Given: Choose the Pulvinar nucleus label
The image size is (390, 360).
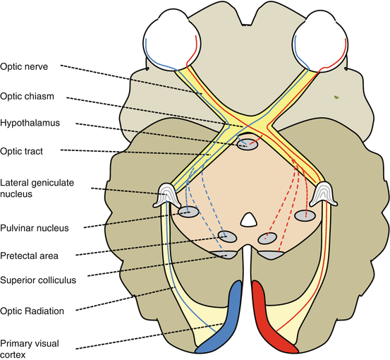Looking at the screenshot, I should (35, 228).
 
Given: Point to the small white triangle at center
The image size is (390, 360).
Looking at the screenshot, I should (246, 220).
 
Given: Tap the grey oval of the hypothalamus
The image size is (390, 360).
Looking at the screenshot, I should (248, 145).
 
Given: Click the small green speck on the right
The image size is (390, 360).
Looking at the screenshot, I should (338, 97).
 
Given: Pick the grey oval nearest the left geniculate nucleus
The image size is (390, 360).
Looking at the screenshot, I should (188, 211).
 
